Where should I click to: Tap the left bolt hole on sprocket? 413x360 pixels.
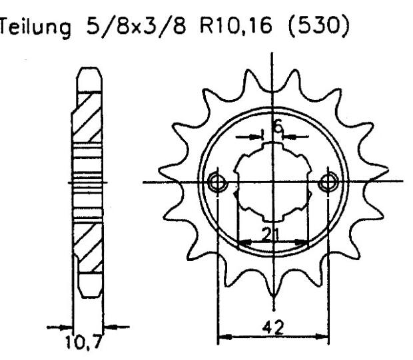click(216, 182)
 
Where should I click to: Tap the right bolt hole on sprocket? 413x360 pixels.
click(328, 182)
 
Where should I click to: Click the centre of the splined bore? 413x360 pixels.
click(272, 182)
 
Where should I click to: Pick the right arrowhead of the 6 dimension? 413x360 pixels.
click(288, 136)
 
